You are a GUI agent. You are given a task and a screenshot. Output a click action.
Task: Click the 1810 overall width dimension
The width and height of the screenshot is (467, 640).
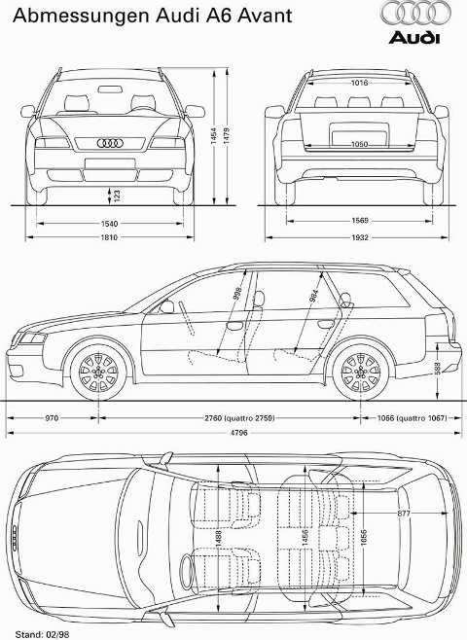click(109, 237)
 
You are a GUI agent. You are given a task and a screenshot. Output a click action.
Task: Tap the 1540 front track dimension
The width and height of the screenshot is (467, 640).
click(109, 224)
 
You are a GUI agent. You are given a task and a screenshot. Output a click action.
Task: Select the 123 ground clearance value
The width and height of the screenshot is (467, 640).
click(117, 196)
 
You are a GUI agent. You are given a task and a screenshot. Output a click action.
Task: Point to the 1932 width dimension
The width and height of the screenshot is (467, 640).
click(359, 237)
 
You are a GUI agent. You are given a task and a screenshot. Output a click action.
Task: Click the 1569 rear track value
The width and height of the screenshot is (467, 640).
click(359, 221)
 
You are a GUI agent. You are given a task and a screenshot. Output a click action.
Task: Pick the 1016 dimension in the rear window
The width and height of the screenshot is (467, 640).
click(359, 83)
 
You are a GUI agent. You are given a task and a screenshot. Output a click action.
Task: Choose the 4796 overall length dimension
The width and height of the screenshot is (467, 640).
click(238, 433)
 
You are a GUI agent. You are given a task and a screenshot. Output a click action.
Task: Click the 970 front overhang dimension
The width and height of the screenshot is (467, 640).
click(52, 418)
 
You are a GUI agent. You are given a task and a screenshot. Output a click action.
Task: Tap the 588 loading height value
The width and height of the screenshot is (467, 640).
click(438, 369)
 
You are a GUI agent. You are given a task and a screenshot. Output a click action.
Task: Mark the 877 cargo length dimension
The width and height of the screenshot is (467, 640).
click(404, 513)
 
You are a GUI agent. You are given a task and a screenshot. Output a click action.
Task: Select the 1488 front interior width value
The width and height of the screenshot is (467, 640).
click(219, 539)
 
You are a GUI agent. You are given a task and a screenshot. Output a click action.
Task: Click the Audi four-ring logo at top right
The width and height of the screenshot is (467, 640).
click(416, 13)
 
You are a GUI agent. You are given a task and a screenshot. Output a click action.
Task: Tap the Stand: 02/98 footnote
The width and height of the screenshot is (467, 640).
click(42, 634)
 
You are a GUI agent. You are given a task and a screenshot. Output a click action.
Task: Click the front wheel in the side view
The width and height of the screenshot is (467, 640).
click(98, 373)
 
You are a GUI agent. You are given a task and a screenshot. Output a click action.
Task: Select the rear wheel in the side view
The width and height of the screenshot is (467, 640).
click(360, 373)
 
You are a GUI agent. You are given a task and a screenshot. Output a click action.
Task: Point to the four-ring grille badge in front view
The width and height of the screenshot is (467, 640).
click(110, 143)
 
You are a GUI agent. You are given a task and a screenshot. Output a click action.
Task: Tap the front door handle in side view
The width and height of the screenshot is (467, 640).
click(234, 326)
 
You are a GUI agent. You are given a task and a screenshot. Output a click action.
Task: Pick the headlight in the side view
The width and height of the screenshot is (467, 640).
click(32, 338)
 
